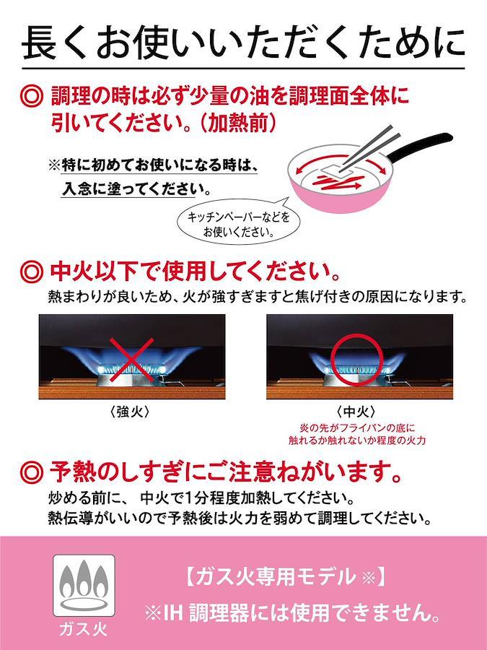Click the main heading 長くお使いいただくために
click(x=244, y=43)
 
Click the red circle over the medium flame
click(x=355, y=359)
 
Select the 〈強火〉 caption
click(x=131, y=412)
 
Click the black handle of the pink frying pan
click(x=418, y=146)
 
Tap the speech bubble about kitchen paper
click(x=238, y=223)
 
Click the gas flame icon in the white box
click(x=84, y=585)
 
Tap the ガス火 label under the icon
click(x=83, y=630)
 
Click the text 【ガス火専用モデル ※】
click(x=284, y=577)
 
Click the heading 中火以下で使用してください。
click(x=195, y=272)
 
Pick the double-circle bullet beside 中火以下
click(x=31, y=272)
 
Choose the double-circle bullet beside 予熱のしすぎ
click(x=31, y=472)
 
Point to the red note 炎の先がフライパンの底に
click(x=356, y=428)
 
